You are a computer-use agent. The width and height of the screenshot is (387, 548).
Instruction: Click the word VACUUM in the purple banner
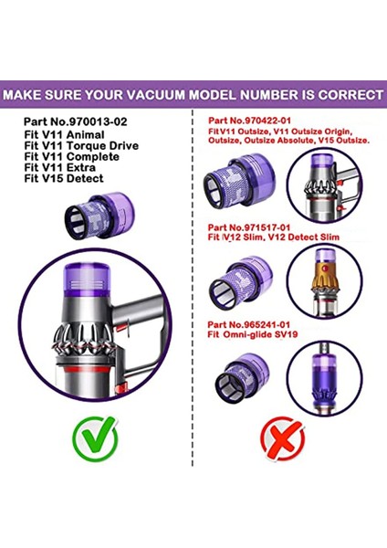(x=168, y=94)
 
